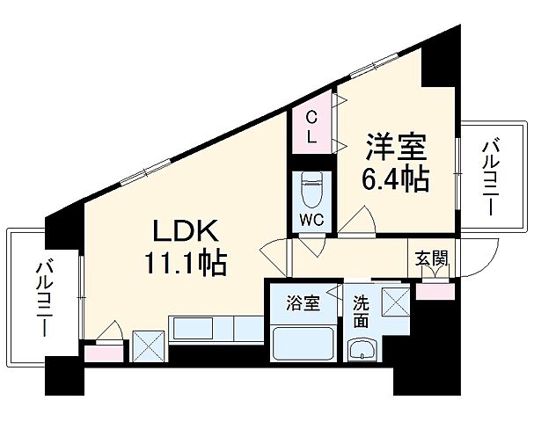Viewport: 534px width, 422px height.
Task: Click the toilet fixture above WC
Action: [x=311, y=187]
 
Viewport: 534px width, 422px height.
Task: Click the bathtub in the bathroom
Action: [x=303, y=345]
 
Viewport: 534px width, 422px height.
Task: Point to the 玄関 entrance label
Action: [x=431, y=258]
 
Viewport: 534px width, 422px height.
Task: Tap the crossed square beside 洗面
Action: [x=393, y=301]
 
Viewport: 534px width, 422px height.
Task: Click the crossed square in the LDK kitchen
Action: [x=148, y=345]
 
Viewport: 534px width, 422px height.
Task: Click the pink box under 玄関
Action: [x=431, y=290]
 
